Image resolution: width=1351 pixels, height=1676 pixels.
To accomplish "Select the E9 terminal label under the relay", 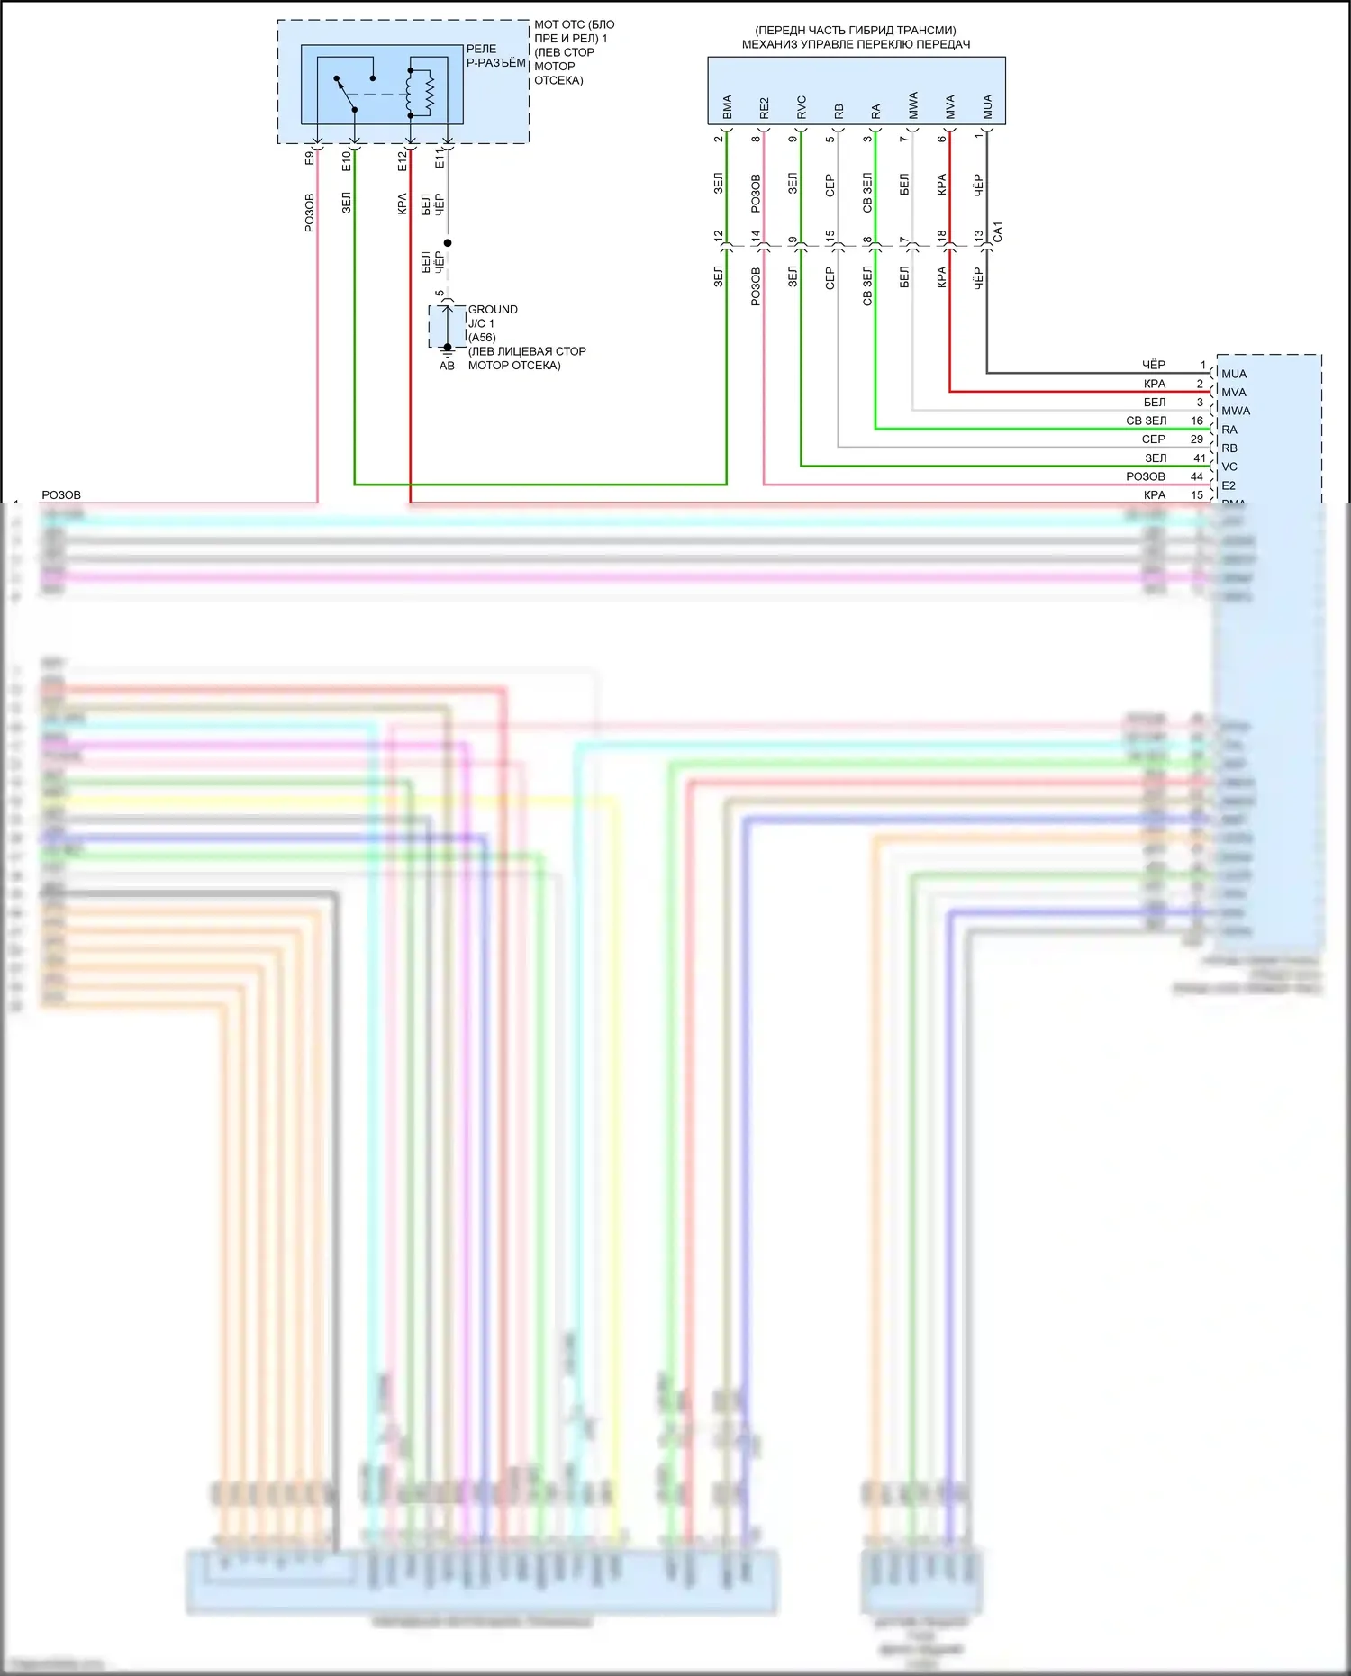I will pos(310,159).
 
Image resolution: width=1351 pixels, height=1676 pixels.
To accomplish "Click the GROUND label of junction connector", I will pos(493,309).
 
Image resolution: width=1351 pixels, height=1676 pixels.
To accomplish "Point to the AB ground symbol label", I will pos(447,366).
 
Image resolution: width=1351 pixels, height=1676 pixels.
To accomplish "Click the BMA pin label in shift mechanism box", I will pos(727,107).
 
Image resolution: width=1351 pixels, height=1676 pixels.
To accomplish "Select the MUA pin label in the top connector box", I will pos(987,107).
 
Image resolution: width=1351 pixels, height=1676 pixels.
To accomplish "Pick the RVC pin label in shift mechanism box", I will pos(802,107).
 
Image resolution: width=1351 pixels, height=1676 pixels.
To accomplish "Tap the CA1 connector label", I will pos(997,232).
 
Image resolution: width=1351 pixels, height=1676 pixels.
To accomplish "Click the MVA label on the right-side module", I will pos(1234,393).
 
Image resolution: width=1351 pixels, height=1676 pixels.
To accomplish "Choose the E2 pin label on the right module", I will pos(1229,485).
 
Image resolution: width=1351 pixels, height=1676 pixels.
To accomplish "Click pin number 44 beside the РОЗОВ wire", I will pos(1197,476).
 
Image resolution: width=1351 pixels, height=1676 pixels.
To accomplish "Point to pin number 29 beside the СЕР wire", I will pos(1197,439).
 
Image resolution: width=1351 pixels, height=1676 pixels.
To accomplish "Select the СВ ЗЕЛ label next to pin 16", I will pos(1146,421).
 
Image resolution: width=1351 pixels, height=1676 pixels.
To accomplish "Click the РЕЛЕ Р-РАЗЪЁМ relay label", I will pos(495,56).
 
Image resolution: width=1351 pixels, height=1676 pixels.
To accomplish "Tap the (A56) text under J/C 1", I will pos(482,338).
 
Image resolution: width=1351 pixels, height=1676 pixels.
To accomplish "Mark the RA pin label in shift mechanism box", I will pos(875,112).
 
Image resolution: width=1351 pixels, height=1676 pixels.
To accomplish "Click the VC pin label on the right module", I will pos(1229,467).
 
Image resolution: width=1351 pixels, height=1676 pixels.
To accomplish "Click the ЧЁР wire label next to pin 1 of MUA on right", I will pos(1154,365).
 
